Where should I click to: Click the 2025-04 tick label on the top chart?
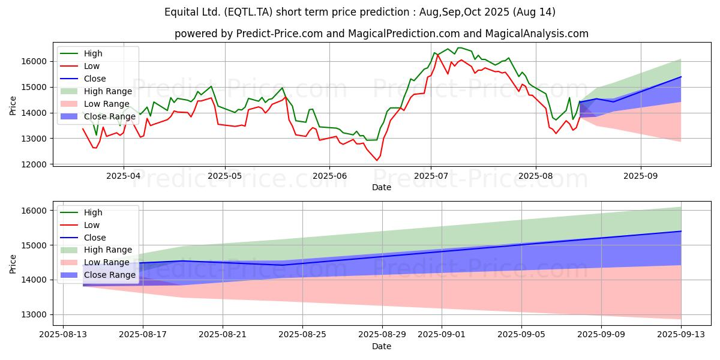click(x=124, y=176)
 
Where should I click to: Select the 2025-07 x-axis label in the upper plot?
click(x=431, y=176)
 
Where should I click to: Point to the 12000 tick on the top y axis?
click(x=34, y=164)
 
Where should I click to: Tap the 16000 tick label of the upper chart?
click(x=34, y=61)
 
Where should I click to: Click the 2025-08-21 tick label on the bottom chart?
click(x=223, y=335)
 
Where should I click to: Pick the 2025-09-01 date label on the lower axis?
click(x=442, y=335)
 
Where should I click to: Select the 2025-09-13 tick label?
click(x=681, y=335)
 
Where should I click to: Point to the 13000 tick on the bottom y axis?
click(x=34, y=314)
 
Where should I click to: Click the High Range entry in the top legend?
click(x=107, y=91)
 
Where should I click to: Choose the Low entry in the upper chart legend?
click(x=92, y=66)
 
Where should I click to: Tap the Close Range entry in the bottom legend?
click(x=110, y=275)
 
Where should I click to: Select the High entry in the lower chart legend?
click(x=93, y=212)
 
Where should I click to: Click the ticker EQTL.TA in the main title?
click(x=249, y=12)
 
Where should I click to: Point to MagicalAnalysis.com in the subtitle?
click(x=536, y=34)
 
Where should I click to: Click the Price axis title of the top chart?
click(x=13, y=106)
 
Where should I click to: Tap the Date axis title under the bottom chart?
click(x=382, y=346)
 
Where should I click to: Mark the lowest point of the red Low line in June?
click(x=377, y=160)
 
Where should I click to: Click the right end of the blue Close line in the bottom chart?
click(x=681, y=231)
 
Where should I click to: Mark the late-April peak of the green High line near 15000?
click(x=211, y=86)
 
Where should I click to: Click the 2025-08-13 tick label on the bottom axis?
click(x=63, y=335)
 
